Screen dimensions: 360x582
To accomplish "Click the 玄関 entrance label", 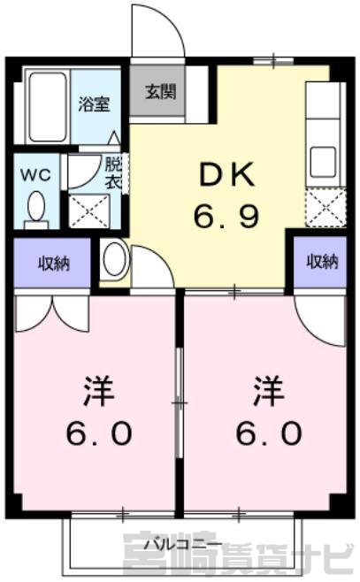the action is (x=160, y=91).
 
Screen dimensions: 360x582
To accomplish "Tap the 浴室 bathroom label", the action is (x=94, y=104).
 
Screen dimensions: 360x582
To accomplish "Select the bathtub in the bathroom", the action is (x=49, y=107).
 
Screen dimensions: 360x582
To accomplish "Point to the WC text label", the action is (x=35, y=174).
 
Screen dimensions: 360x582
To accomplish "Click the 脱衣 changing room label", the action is (x=113, y=173).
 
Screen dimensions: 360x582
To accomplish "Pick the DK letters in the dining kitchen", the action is (x=226, y=175).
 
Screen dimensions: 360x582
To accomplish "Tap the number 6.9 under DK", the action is (x=226, y=215).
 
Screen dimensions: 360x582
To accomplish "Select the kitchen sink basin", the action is (x=323, y=162).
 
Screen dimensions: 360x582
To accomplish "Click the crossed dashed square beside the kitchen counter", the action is (x=326, y=207).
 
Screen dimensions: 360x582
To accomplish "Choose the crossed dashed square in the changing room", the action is (x=89, y=211).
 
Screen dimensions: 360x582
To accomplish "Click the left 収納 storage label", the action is (x=54, y=264).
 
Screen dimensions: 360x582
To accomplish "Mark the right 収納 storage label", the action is (x=322, y=262).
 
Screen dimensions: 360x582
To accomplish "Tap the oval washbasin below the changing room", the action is (x=115, y=259).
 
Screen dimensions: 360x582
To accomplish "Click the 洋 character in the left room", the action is (x=99, y=391).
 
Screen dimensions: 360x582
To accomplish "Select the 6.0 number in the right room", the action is (x=269, y=433).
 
